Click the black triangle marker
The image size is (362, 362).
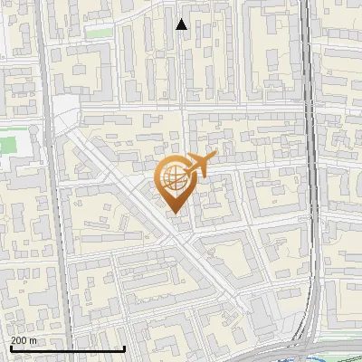[182, 24]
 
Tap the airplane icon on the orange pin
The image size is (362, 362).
[200, 165]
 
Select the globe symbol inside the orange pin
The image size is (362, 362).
[175, 178]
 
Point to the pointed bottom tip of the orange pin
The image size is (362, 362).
[175, 213]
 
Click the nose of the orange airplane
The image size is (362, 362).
[214, 156]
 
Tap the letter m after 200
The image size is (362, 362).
[33, 340]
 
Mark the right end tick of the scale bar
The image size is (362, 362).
[124, 348]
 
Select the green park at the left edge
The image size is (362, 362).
[7, 145]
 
